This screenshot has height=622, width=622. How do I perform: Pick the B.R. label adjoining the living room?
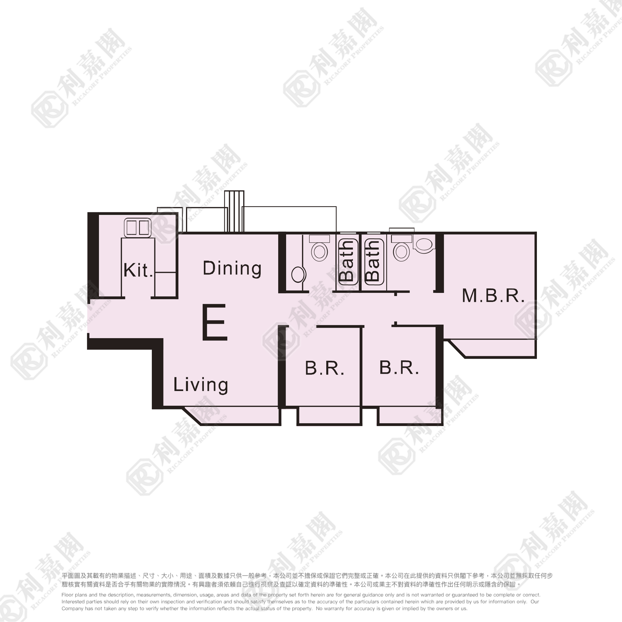[x=325, y=368]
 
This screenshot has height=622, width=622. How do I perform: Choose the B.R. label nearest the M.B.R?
[x=399, y=368]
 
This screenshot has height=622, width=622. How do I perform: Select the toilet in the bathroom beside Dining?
[x=319, y=248]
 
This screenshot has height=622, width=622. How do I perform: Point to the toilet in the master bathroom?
[x=401, y=248]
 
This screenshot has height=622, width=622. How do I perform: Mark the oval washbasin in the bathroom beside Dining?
[x=299, y=275]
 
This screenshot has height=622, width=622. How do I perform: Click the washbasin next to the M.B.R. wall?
[x=424, y=244]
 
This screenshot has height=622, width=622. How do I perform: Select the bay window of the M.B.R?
[x=492, y=348]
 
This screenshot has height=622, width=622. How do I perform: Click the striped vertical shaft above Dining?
[x=234, y=211]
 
